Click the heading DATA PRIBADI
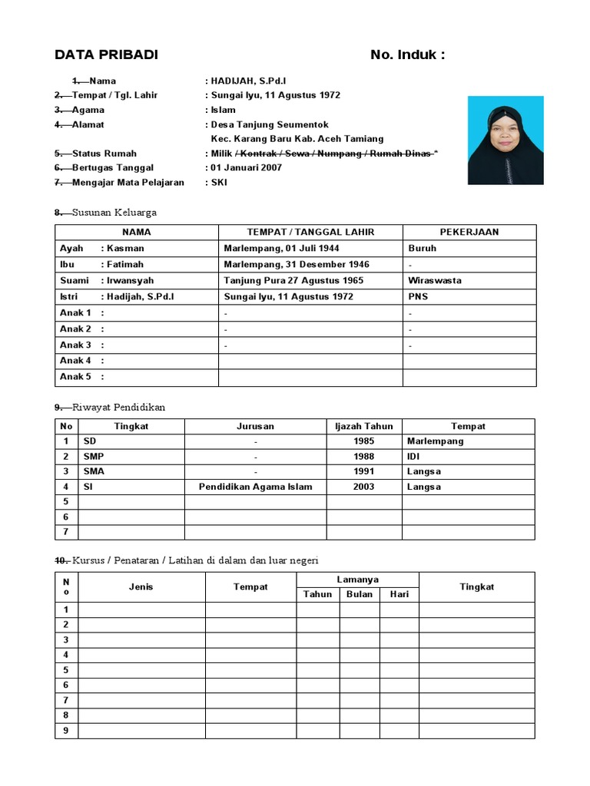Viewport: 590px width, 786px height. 106,54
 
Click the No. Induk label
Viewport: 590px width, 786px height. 407,54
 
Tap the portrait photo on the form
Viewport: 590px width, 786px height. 505,140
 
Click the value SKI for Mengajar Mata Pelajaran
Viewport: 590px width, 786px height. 220,182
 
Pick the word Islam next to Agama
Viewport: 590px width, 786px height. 224,110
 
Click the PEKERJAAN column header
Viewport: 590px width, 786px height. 469,232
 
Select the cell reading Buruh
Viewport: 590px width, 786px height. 423,248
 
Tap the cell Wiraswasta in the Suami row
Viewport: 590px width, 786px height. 435,280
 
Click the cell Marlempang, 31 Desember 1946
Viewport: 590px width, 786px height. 297,264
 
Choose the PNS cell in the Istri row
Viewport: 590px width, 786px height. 419,296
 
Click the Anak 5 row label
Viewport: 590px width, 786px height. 76,377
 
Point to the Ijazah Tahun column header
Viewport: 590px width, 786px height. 364,426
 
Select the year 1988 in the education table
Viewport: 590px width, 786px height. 364,456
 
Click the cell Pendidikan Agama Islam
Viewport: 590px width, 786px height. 255,487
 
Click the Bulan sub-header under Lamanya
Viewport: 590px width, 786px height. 360,594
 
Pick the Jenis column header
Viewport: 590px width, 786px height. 141,586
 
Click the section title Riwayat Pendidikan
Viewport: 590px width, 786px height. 118,407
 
